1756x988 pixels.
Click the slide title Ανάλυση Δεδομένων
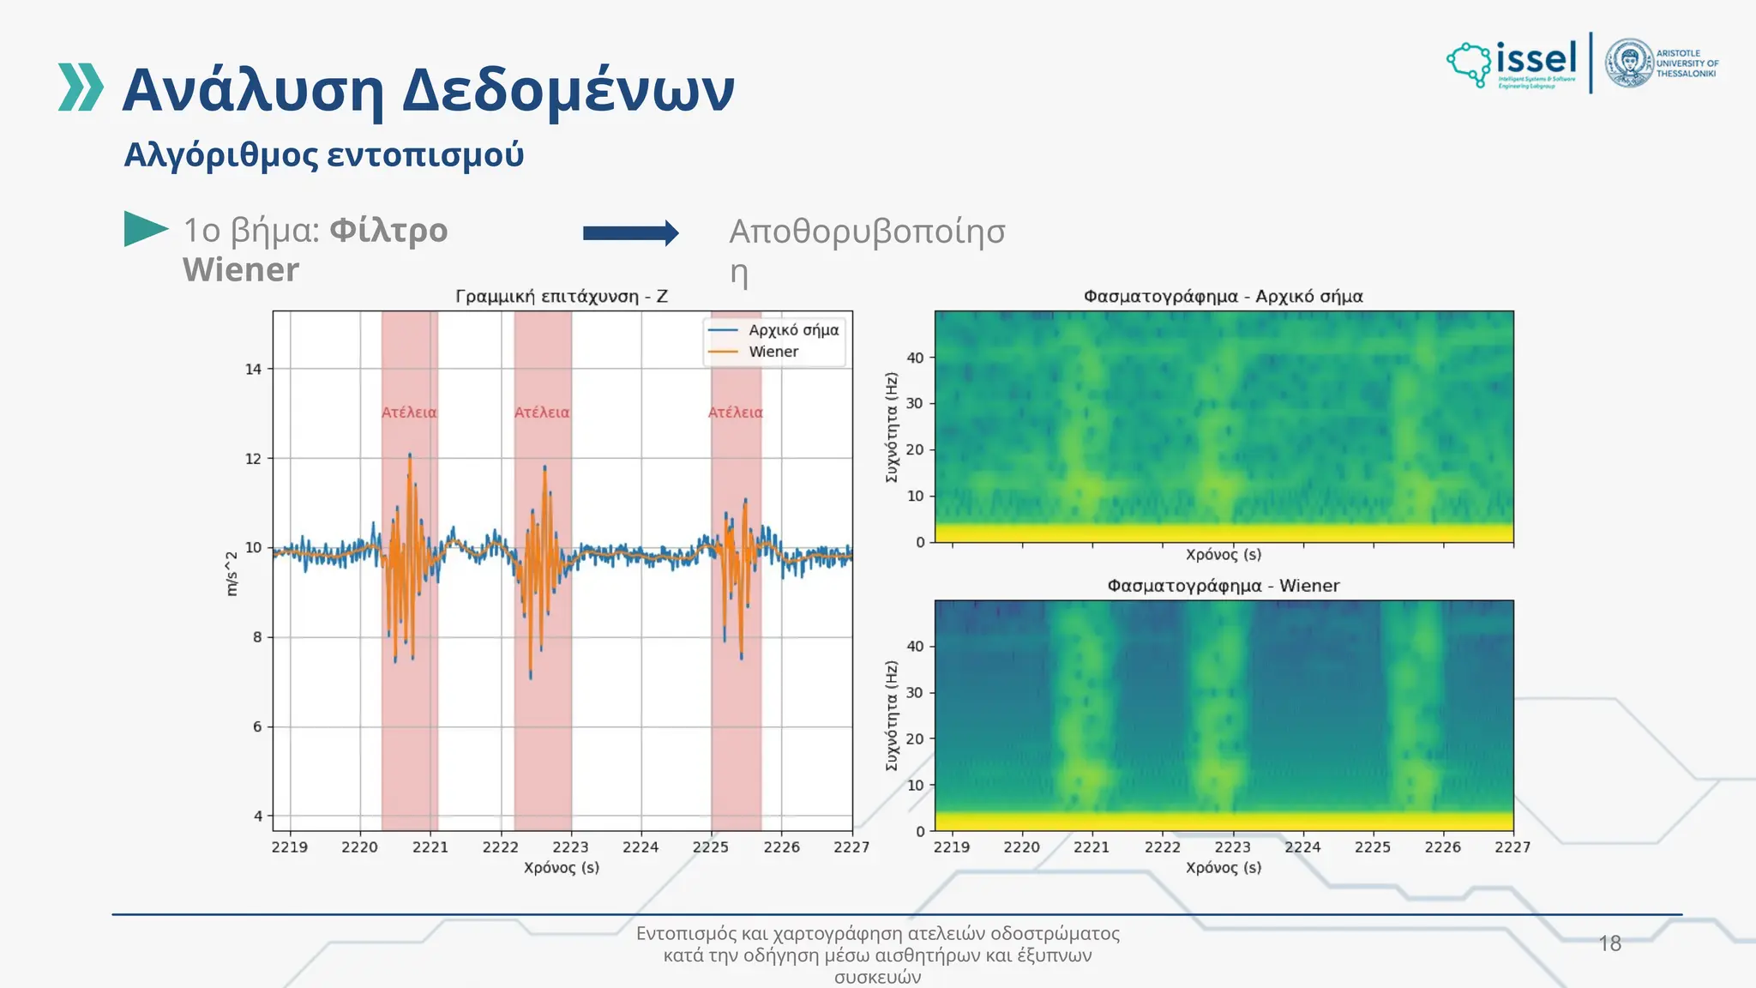coord(428,90)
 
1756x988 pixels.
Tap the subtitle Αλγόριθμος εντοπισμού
coord(323,155)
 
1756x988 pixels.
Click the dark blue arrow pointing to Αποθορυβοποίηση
coord(630,232)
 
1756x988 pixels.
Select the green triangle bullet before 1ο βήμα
coord(144,229)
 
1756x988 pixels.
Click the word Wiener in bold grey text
coord(241,270)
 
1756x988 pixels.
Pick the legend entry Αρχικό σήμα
coord(793,330)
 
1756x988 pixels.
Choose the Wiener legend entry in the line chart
coord(773,352)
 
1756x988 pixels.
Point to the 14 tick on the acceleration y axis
coord(253,370)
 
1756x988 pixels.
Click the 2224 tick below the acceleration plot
coord(640,847)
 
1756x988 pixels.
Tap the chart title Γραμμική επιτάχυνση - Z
coord(562,297)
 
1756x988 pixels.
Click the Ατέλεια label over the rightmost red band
coord(735,413)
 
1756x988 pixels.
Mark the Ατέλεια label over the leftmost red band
coord(409,413)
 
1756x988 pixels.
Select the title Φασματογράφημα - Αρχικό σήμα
coord(1223,297)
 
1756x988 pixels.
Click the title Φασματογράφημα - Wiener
coord(1223,586)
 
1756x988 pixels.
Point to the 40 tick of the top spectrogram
coord(915,358)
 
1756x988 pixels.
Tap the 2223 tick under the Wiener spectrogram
coord(1232,847)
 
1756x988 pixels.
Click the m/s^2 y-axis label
coord(232,574)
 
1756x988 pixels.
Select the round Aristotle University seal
coord(1628,63)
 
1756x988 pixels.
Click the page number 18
coord(1609,943)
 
